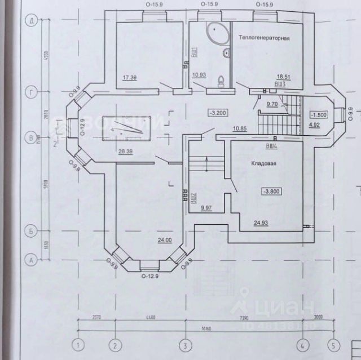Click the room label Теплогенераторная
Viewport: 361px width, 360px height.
pyautogui.click(x=264, y=38)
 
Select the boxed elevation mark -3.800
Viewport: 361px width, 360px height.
pyautogui.click(x=271, y=192)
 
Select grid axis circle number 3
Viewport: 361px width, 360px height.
pyautogui.click(x=183, y=344)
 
